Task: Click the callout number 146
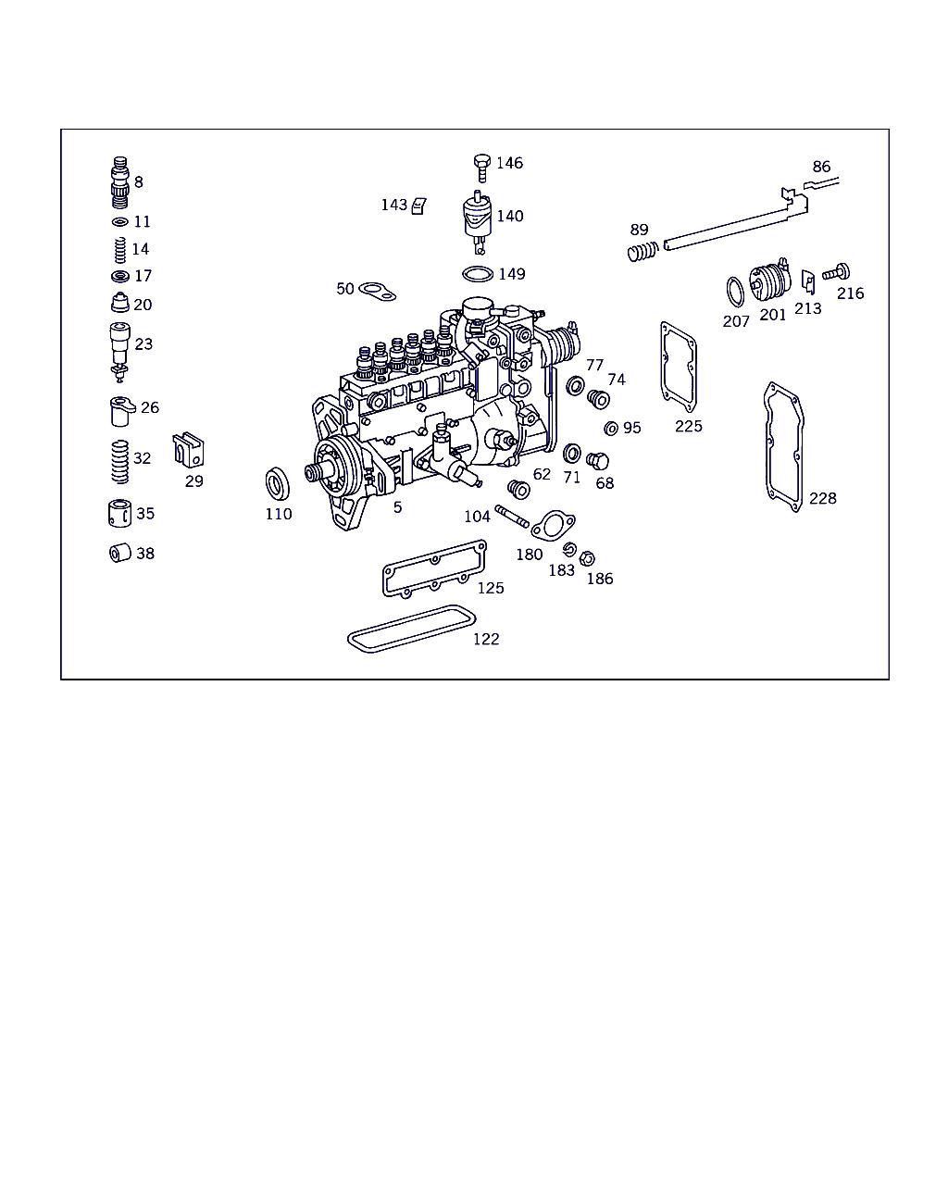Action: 509,163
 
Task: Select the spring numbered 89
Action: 642,252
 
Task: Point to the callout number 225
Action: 689,426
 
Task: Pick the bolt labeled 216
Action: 836,272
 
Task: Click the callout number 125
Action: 491,588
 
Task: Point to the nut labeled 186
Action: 587,558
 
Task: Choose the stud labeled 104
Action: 512,516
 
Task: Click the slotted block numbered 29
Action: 188,449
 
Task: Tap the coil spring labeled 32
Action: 120,462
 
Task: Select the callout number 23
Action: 143,344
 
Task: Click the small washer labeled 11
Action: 120,222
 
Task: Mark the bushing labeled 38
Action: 120,553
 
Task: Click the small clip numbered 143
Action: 418,206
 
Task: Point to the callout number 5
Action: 398,507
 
